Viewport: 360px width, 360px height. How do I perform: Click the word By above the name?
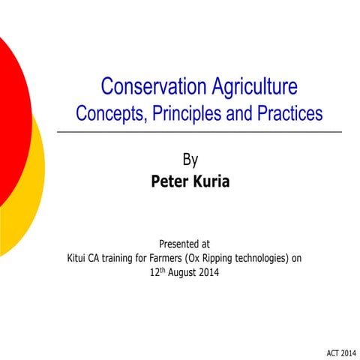190,159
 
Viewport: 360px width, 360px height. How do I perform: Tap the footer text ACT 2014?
337,352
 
